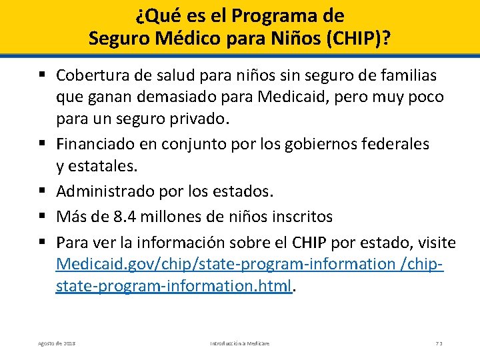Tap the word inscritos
(300, 217)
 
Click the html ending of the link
(277, 287)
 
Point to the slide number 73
(439, 343)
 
